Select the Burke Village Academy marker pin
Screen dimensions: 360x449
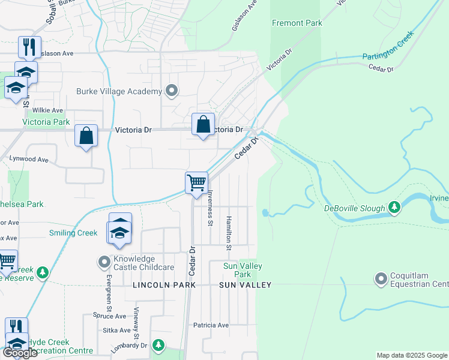pyautogui.click(x=172, y=91)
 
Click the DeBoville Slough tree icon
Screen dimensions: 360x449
pyautogui.click(x=394, y=208)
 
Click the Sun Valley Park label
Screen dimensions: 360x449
pyautogui.click(x=237, y=270)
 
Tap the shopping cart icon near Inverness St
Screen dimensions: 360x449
pyautogui.click(x=197, y=182)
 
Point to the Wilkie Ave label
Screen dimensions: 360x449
pyautogui.click(x=48, y=110)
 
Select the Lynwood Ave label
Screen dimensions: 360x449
pyautogui.click(x=28, y=160)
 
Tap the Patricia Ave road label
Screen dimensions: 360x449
pyautogui.click(x=211, y=325)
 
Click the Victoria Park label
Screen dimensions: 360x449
pyautogui.click(x=46, y=122)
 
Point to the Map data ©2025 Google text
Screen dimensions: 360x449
pyautogui.click(x=412, y=355)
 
